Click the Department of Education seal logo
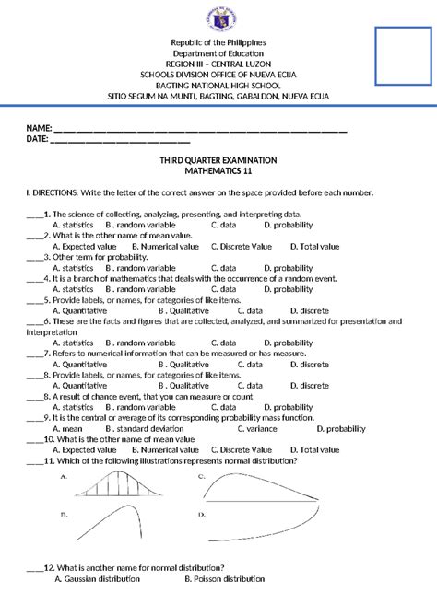[x=218, y=18]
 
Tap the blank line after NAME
[x=199, y=129]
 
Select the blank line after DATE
[x=119, y=140]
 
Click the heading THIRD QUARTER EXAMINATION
[x=218, y=160]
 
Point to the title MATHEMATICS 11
[x=218, y=171]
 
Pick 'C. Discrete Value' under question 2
[x=242, y=247]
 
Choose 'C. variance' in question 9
[x=258, y=428]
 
